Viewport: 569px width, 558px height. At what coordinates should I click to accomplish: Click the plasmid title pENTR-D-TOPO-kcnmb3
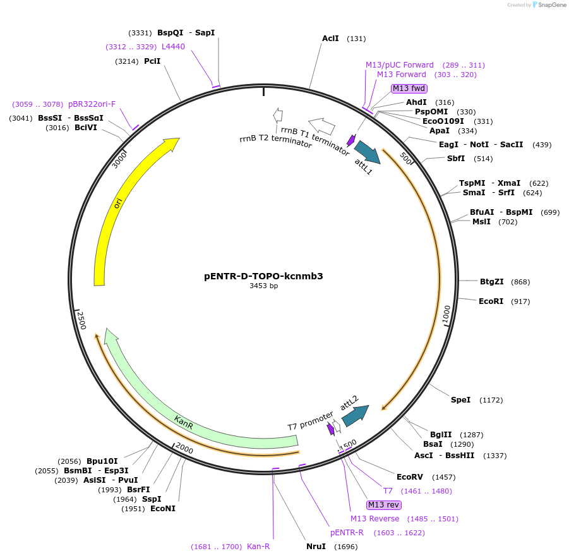[263, 276]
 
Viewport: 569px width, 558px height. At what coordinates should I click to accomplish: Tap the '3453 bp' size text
[263, 286]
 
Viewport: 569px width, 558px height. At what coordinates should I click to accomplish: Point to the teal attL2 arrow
[355, 415]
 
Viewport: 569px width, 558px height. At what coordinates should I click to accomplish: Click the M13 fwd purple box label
[409, 88]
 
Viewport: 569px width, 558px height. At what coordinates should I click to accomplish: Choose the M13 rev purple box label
[383, 504]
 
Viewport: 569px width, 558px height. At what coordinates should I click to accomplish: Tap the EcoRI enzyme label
[491, 301]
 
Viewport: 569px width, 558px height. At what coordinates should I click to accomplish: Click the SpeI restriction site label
[460, 400]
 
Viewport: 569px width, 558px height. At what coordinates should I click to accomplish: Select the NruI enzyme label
[316, 547]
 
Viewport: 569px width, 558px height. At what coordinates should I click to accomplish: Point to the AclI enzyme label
[330, 39]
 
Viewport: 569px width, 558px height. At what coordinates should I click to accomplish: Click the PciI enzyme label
[152, 61]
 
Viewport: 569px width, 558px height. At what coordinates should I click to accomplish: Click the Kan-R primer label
[258, 547]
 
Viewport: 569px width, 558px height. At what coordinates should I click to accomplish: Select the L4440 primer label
[173, 47]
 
